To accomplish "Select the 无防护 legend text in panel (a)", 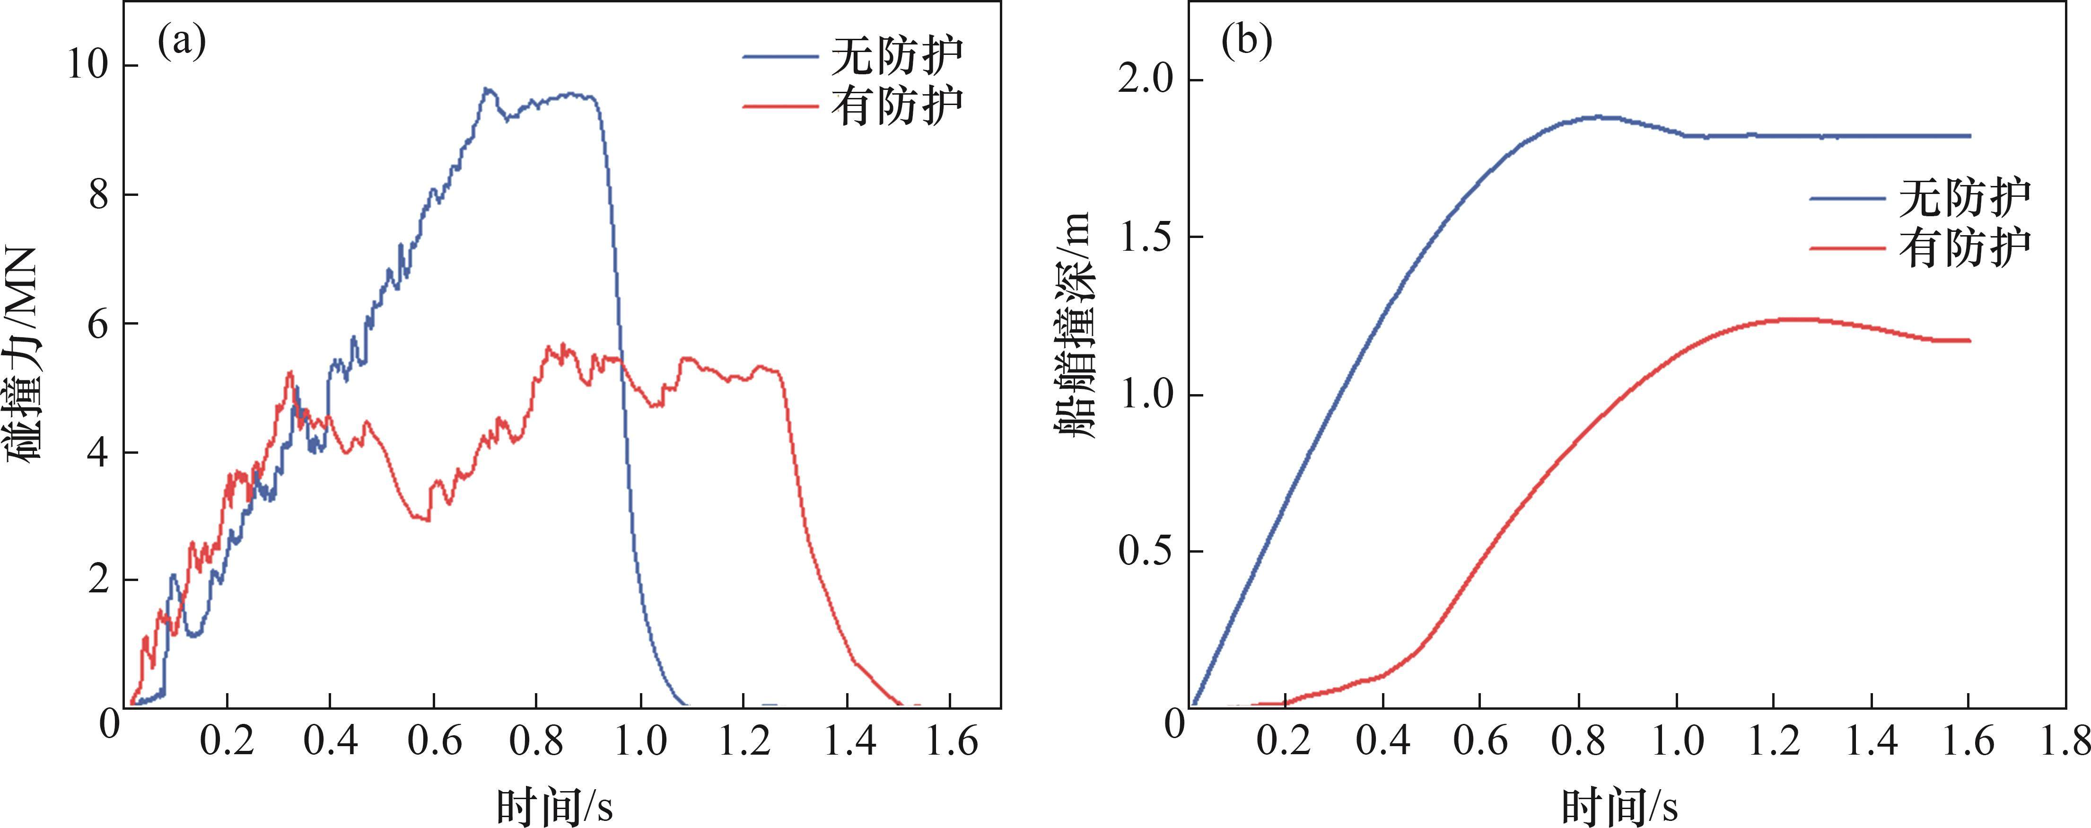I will point(896,55).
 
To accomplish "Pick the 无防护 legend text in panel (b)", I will point(1964,197).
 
